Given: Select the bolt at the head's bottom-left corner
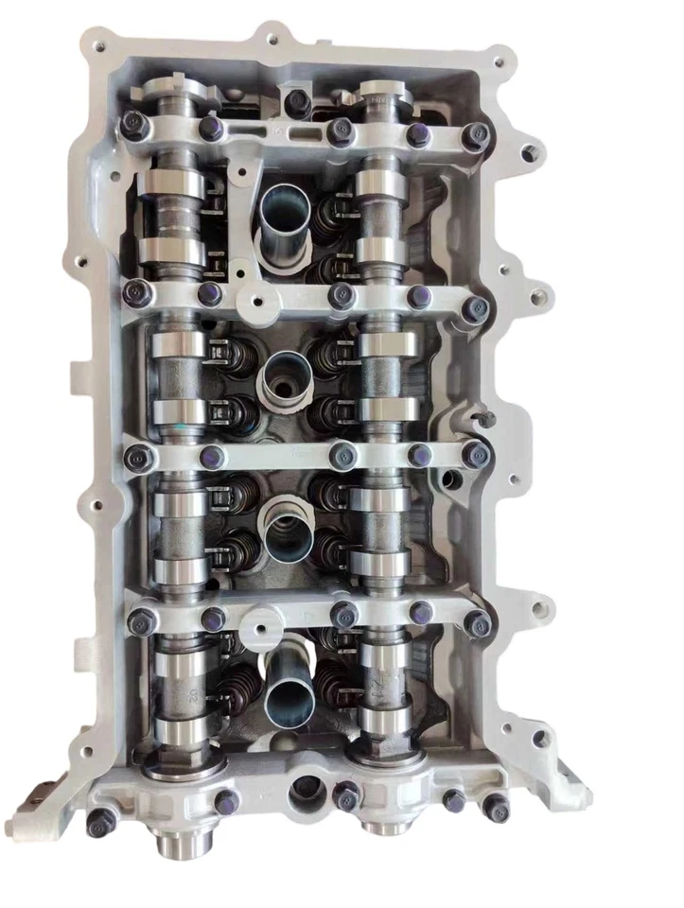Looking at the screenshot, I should coord(101,819).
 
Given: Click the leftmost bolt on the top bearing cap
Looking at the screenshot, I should coord(135,124).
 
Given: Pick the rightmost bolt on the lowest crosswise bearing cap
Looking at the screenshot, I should coord(479,623).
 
